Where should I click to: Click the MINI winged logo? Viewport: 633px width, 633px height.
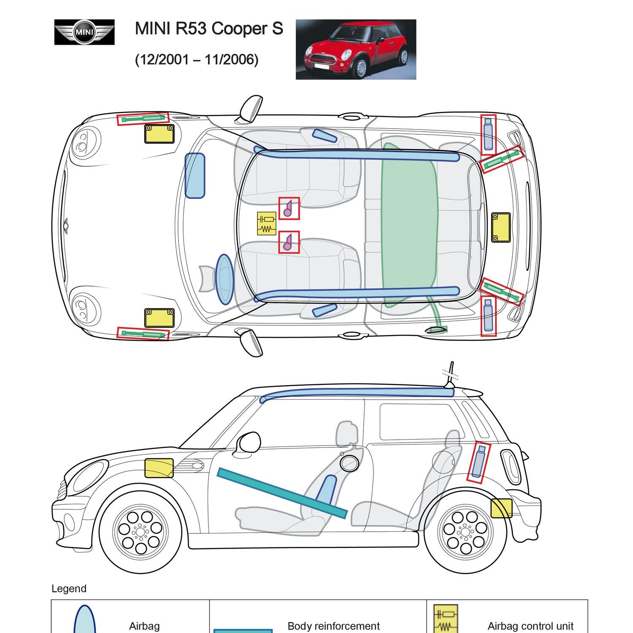(x=84, y=32)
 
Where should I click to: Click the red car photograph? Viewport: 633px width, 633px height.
(x=356, y=49)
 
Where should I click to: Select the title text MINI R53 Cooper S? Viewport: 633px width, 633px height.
(x=209, y=29)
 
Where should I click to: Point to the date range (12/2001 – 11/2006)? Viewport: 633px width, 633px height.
(x=197, y=60)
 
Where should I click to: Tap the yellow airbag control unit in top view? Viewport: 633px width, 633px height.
(x=266, y=223)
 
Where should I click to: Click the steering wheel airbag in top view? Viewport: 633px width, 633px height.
(x=224, y=279)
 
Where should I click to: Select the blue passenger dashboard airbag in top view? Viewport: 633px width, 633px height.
(x=195, y=176)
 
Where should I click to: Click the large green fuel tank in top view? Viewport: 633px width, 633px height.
(x=408, y=224)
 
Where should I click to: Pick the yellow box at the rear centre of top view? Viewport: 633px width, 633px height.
(x=501, y=227)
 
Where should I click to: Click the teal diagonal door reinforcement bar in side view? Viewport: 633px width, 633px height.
(x=282, y=492)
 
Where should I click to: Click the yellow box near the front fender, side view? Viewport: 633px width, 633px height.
(x=159, y=468)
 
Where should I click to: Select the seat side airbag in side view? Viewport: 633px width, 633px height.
(x=326, y=490)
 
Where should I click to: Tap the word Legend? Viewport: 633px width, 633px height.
(x=69, y=589)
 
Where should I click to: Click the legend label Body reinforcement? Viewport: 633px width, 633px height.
(x=333, y=626)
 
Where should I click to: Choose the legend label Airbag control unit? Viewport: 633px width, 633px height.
(x=530, y=626)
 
